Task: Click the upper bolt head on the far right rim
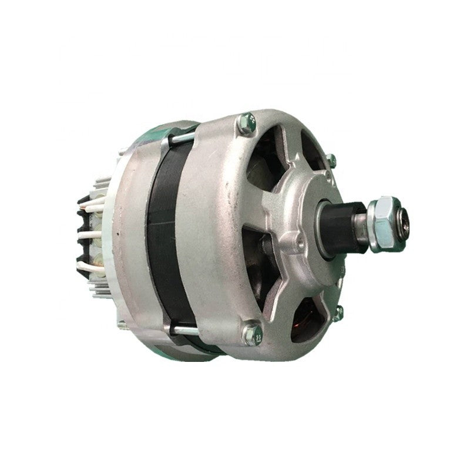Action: point(332,159)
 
